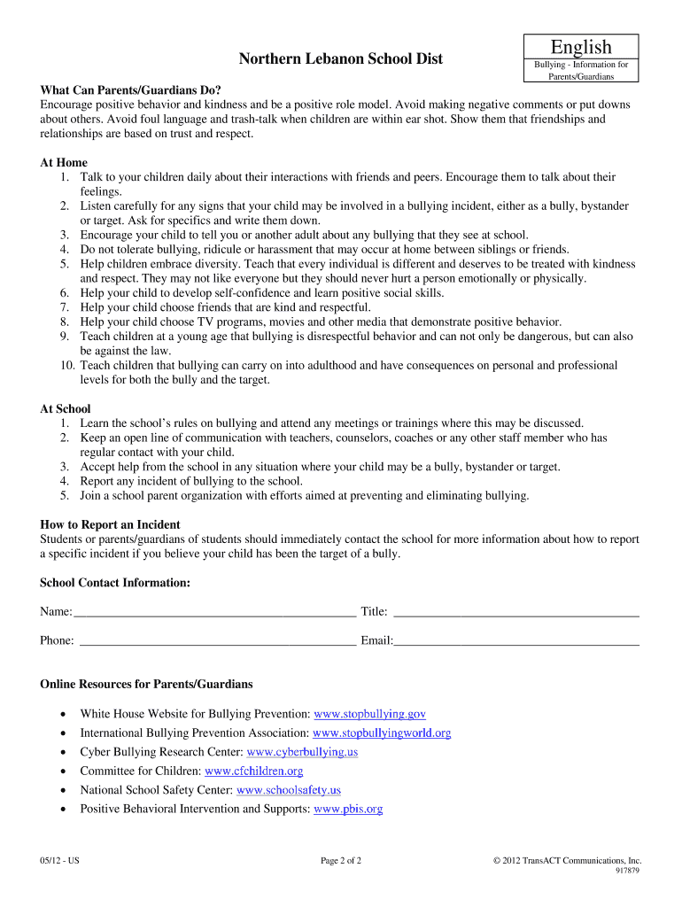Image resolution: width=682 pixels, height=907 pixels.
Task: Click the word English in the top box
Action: (581, 47)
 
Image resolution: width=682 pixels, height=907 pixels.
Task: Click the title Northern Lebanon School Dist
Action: (341, 59)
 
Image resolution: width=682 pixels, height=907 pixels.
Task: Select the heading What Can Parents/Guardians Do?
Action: (130, 90)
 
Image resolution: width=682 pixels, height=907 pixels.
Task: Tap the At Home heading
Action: (64, 163)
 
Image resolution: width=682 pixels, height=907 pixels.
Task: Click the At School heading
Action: (66, 409)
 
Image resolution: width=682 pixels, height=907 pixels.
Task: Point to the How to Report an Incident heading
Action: (111, 525)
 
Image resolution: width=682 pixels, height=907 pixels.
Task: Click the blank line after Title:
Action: (515, 612)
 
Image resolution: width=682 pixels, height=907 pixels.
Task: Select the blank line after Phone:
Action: (217, 640)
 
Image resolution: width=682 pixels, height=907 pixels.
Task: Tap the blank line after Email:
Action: (516, 640)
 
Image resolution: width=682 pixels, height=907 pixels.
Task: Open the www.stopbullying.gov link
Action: (370, 714)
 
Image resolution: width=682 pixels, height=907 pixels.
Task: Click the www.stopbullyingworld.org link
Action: (382, 733)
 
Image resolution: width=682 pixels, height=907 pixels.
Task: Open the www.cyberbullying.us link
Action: (302, 752)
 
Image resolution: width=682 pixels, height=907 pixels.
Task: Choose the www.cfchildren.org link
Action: (254, 771)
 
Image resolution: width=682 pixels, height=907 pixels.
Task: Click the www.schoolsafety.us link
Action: (289, 790)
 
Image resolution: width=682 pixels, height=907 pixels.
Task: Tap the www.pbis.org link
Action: (348, 809)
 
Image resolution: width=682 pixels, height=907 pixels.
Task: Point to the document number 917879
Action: (626, 871)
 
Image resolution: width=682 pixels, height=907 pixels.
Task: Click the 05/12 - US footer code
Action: (60, 861)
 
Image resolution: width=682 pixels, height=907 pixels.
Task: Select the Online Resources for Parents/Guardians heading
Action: (146, 685)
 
